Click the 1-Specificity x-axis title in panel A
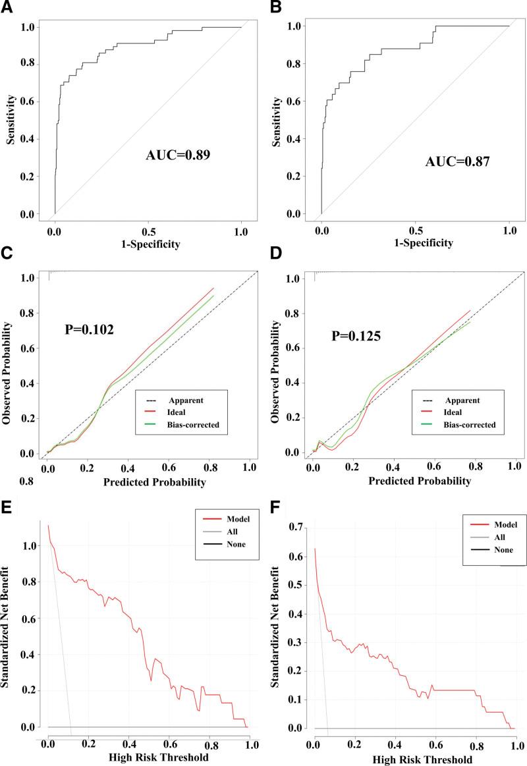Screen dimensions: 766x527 pos(148,244)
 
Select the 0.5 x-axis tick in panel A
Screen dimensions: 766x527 pos(148,231)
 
